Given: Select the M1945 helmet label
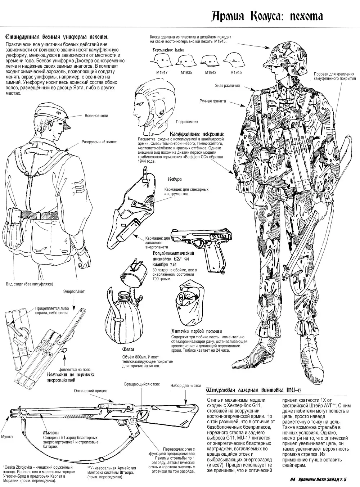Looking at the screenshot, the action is click(236, 72).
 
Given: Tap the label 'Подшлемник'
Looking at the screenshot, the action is click(187, 122).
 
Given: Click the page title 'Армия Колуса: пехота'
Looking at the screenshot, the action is click(267, 17).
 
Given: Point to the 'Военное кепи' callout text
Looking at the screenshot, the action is click(96, 116).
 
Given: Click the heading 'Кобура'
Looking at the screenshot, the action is click(175, 179).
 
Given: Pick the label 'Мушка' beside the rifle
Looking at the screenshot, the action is click(7, 437).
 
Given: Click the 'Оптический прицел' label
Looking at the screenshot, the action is click(90, 391).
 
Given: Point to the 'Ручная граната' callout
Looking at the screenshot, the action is click(212, 101).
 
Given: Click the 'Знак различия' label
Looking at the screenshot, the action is click(227, 86).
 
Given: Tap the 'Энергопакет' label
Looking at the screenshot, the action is click(74, 291).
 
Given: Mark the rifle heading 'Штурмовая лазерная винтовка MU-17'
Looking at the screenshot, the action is click(254, 390).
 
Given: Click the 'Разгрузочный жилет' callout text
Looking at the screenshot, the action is click(99, 142).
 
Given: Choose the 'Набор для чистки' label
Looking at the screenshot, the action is click(186, 385).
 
